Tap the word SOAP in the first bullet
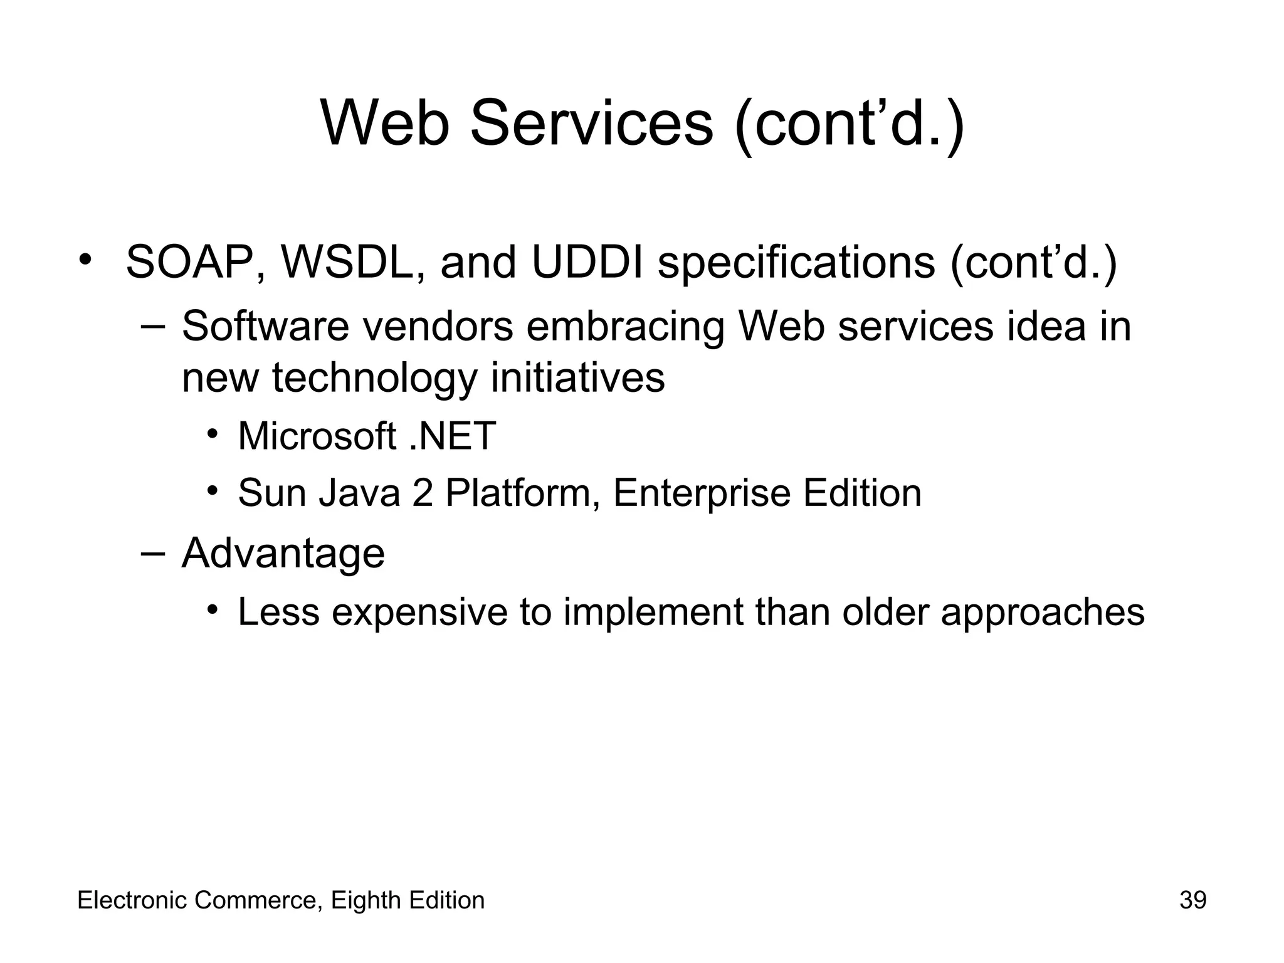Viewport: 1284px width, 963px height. tap(187, 262)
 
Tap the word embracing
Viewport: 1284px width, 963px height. tap(624, 328)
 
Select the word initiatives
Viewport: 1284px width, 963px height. tap(577, 379)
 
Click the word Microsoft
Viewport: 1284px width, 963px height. tap(317, 436)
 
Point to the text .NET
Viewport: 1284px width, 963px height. tap(452, 436)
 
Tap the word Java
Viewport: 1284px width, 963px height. tap(359, 493)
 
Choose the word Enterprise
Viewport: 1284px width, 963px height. tap(701, 494)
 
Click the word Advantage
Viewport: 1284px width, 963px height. tap(283, 554)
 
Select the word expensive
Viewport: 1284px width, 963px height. tap(419, 613)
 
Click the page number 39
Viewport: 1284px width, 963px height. tap(1192, 900)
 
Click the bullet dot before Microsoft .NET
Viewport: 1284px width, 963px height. tap(213, 434)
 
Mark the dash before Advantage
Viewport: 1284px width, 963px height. tap(152, 553)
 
